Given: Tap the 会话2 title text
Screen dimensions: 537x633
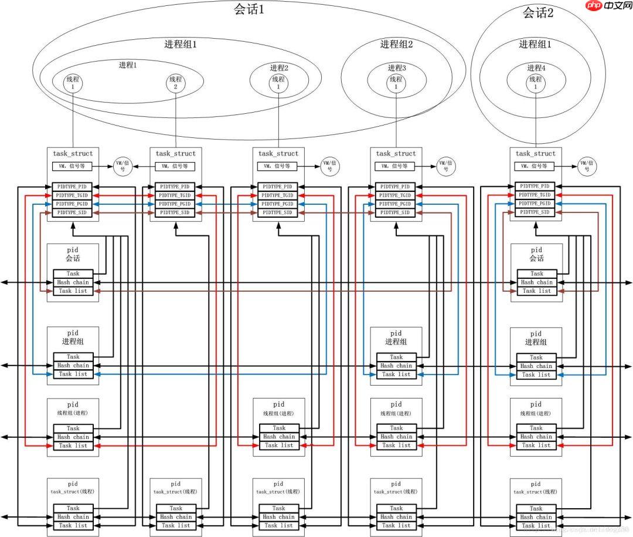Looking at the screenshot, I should coord(537,13).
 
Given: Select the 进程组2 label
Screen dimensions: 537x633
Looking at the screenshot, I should coord(396,44).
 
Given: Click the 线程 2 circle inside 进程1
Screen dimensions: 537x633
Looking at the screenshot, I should coord(175,83).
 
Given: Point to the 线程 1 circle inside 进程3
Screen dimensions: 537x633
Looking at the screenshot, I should coord(396,83).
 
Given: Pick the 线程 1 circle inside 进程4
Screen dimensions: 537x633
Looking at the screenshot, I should coord(536,83).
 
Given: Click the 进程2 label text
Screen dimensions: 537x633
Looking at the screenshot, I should coord(279,67).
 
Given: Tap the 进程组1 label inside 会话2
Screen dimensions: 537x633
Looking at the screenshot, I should coord(535,44).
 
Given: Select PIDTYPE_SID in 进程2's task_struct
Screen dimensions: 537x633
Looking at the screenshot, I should coord(279,212).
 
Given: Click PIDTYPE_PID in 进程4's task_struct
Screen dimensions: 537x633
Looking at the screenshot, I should coord(536,186).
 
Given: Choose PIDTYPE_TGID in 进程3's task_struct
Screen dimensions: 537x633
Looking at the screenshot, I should coord(396,195).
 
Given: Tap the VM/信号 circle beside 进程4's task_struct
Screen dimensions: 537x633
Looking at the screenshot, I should coord(586,166).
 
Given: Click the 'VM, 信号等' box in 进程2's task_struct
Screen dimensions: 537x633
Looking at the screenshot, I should coord(279,166).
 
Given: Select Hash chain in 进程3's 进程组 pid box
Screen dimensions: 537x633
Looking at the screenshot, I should coord(396,366).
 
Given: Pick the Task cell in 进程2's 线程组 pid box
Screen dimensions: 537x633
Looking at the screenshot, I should coord(279,428).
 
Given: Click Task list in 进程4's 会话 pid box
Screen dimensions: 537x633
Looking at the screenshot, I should coord(536,291).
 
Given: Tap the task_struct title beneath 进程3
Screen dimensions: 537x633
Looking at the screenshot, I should coord(396,153).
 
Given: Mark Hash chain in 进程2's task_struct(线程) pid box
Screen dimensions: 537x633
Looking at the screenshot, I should coord(279,517).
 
